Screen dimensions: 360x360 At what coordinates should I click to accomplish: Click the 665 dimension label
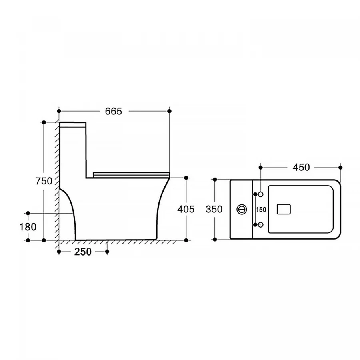pyautogui.click(x=114, y=111)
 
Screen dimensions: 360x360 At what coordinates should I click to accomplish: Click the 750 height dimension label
pyautogui.click(x=44, y=181)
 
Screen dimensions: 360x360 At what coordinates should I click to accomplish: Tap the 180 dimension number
pyautogui.click(x=28, y=227)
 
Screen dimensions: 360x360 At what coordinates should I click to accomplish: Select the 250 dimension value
pyautogui.click(x=83, y=252)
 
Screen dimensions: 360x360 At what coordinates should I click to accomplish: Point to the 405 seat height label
pyautogui.click(x=186, y=209)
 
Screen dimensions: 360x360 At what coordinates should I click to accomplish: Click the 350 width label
pyautogui.click(x=214, y=209)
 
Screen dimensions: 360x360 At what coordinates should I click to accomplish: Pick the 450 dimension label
pyautogui.click(x=301, y=167)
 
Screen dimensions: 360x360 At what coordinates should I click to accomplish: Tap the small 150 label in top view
pyautogui.click(x=261, y=210)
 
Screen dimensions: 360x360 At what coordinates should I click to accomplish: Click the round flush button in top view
pyautogui.click(x=242, y=209)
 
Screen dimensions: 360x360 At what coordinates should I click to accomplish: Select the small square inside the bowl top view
pyautogui.click(x=284, y=209)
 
